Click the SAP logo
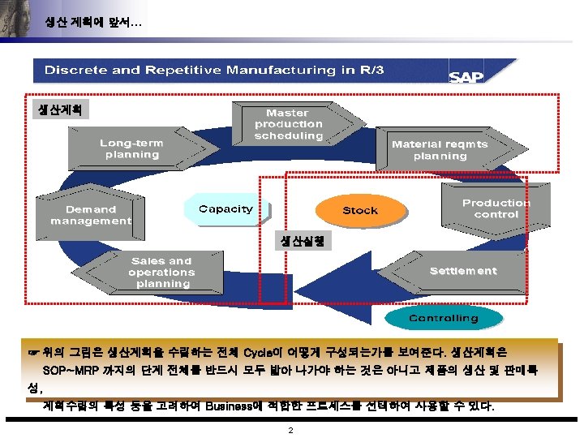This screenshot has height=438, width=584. pos(466,76)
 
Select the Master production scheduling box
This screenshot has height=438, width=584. pos(289,124)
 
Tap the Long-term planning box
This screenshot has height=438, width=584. pos(132,148)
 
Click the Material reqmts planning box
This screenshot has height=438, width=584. pos(440,150)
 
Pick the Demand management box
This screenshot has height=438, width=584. pos(90,215)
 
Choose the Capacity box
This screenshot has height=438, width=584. pos(225,209)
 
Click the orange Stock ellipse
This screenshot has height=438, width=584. pos(359,211)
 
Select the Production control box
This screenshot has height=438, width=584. pos(495,208)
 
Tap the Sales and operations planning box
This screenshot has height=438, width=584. pos(163,273)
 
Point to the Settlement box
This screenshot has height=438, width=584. pos(462,271)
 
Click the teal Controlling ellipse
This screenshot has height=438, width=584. pos(442,318)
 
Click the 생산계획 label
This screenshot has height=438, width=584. pos(59,109)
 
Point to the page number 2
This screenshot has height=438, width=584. pos(291,431)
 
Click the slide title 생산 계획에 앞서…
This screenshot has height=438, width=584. pos(93,22)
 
